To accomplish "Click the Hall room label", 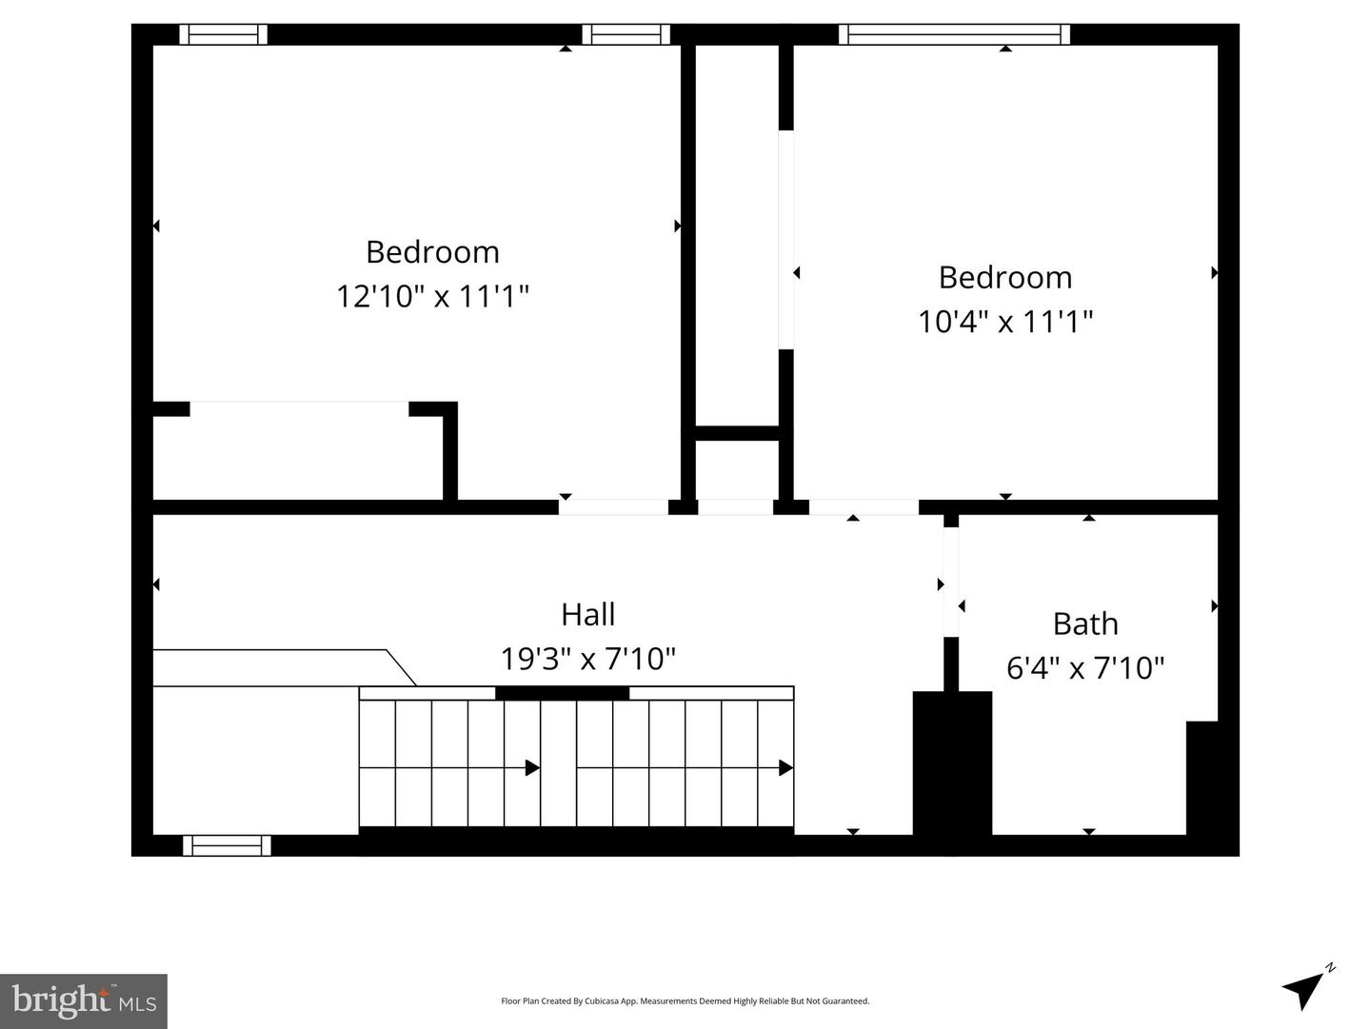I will (587, 614).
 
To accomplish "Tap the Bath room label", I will (1085, 623).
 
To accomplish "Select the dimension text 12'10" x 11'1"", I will (432, 296).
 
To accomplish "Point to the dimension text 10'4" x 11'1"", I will (1005, 321).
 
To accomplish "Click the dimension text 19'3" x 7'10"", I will (587, 658).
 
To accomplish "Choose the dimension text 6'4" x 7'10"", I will (1085, 667).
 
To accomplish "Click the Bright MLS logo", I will (84, 1000).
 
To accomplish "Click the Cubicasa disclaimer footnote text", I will (685, 1000).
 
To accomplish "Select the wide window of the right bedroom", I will (954, 34).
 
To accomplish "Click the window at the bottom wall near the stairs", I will (227, 845).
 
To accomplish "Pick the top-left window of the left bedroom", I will (224, 34).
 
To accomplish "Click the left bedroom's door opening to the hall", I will (613, 507).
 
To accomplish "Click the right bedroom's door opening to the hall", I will (864, 507).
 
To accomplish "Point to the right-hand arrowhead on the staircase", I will (785, 767).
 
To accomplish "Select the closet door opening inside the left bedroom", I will (299, 408).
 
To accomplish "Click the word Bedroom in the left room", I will (432, 252).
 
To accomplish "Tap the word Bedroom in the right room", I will (1005, 277).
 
